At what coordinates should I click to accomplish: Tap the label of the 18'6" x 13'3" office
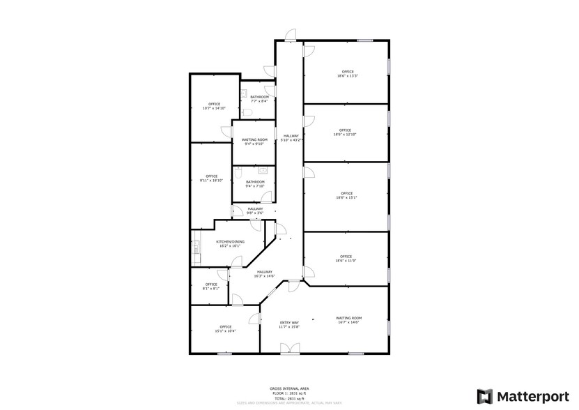pos(346,74)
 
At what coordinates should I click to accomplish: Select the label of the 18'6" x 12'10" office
pos(346,132)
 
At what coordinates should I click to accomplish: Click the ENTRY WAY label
pos(289,324)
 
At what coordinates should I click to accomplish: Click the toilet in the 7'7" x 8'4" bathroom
pos(248,112)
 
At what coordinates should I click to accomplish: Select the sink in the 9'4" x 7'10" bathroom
pos(263,169)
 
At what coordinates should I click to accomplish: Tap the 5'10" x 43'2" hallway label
pos(291,137)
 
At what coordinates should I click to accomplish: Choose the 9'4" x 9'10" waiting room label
pos(254,142)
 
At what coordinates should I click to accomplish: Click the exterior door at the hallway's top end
pos(291,35)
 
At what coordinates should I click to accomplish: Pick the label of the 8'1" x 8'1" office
pos(210,286)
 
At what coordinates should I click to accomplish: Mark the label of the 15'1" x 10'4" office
pos(225,328)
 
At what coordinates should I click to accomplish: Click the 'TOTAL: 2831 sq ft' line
pos(289,398)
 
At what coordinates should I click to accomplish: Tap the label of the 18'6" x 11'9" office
pos(346,258)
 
